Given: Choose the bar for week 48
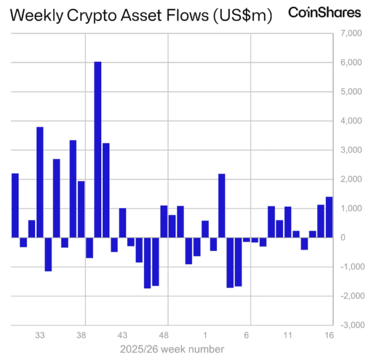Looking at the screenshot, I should (164, 221).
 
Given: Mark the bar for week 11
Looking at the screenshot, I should (288, 222).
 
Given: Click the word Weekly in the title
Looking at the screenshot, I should (39, 16).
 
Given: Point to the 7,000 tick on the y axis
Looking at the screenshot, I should (351, 34).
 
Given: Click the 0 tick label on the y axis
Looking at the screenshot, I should (343, 238).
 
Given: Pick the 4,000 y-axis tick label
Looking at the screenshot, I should (351, 121).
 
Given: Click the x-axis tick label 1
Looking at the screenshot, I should (205, 336).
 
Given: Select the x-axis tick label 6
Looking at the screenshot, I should (247, 336).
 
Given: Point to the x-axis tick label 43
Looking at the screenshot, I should (123, 336).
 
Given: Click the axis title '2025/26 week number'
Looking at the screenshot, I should (172, 349).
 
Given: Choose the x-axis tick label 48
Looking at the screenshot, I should (164, 336).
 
